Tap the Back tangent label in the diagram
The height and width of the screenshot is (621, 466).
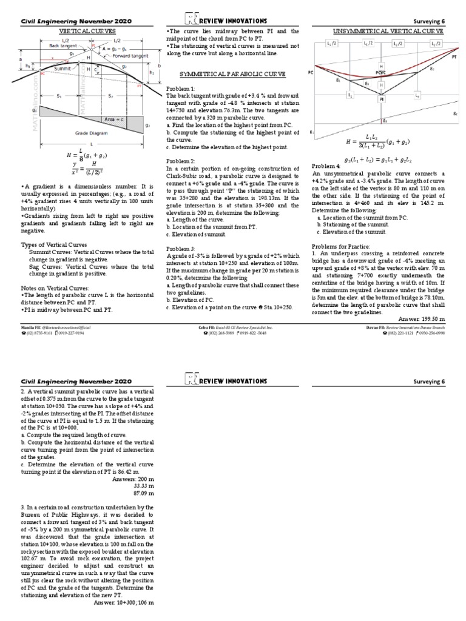pos(62,45)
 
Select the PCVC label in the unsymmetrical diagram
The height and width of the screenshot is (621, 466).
pos(381,73)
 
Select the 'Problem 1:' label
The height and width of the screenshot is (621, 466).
pos(180,89)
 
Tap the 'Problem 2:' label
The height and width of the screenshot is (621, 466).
pos(180,161)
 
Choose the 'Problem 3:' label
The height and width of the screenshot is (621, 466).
pos(180,249)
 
